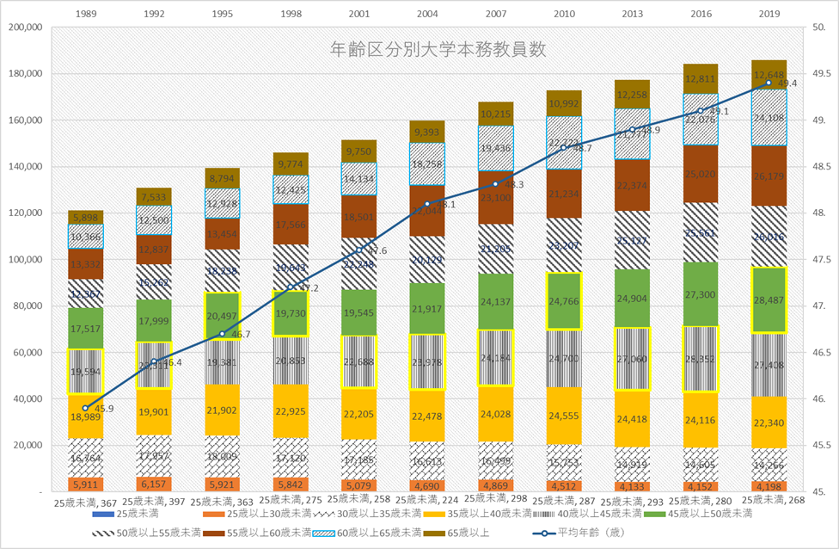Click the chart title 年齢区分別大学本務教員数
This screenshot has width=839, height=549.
point(438,50)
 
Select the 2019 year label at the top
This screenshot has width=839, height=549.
point(769,14)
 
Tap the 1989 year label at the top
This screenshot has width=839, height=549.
point(86,14)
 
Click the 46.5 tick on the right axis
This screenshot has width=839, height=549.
point(821,353)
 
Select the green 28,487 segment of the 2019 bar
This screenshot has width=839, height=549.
point(769,299)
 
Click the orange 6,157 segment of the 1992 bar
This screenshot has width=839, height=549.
point(154,484)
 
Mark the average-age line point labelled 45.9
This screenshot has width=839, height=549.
point(86,408)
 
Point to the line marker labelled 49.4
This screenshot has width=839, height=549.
point(769,83)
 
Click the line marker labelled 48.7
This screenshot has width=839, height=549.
point(564,147)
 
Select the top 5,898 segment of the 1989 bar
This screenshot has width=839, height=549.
point(86,217)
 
